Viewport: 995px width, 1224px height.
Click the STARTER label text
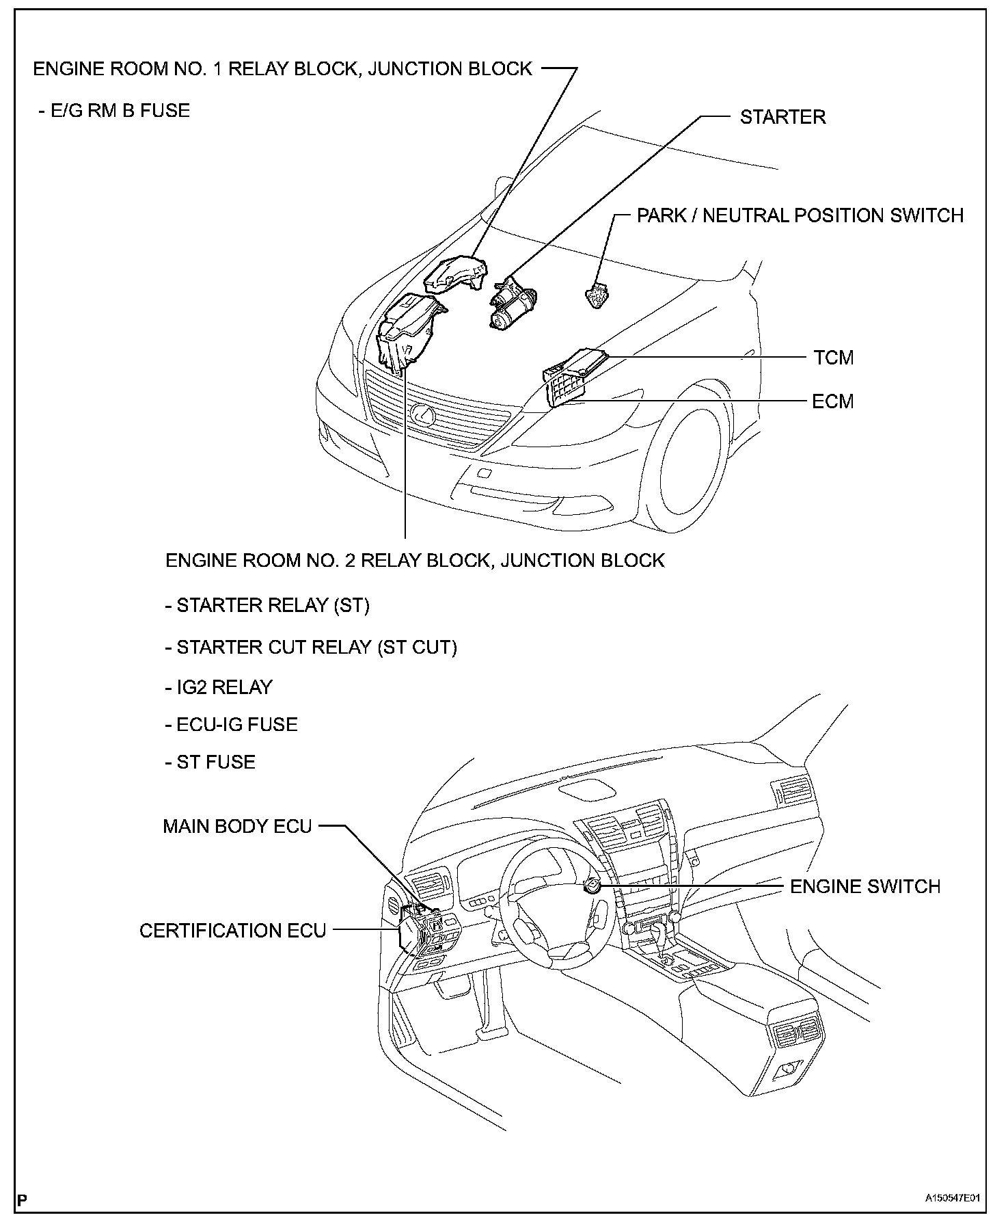782,117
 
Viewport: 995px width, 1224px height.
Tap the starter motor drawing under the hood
513,304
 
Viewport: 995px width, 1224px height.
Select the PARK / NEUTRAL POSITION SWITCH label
800,215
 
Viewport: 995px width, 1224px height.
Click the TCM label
833,358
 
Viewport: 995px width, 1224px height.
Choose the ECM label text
832,401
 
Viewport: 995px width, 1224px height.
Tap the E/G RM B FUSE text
113,111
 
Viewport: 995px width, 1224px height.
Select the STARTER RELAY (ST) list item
267,605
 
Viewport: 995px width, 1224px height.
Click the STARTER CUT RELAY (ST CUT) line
311,647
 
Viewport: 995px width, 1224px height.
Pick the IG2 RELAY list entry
219,687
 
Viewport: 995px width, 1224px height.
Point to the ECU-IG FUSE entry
231,724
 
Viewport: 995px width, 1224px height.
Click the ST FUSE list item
210,762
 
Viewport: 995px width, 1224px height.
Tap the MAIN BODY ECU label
237,826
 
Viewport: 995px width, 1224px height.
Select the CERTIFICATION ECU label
232,931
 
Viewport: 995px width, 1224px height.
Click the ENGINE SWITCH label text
865,886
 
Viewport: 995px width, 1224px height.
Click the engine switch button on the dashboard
592,886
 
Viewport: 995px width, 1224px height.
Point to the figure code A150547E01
953,1199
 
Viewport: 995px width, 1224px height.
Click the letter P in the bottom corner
22,1199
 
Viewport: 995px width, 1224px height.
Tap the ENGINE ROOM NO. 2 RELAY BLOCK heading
415,561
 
